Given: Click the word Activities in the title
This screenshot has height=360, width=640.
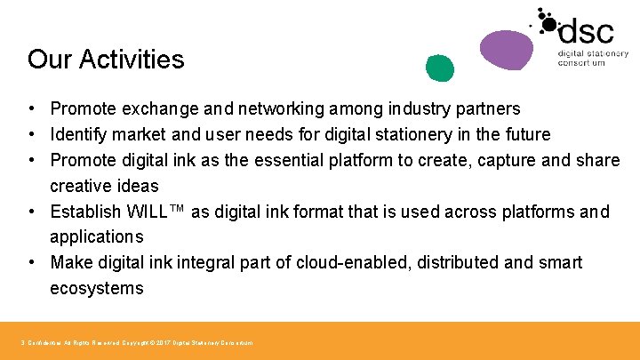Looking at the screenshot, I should [x=132, y=60].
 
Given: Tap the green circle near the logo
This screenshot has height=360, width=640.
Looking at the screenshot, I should [x=439, y=67].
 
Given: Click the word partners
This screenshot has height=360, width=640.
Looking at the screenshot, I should [x=489, y=109].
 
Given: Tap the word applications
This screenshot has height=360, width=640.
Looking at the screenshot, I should [x=96, y=237].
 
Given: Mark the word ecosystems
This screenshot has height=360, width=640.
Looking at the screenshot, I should [x=96, y=289].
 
